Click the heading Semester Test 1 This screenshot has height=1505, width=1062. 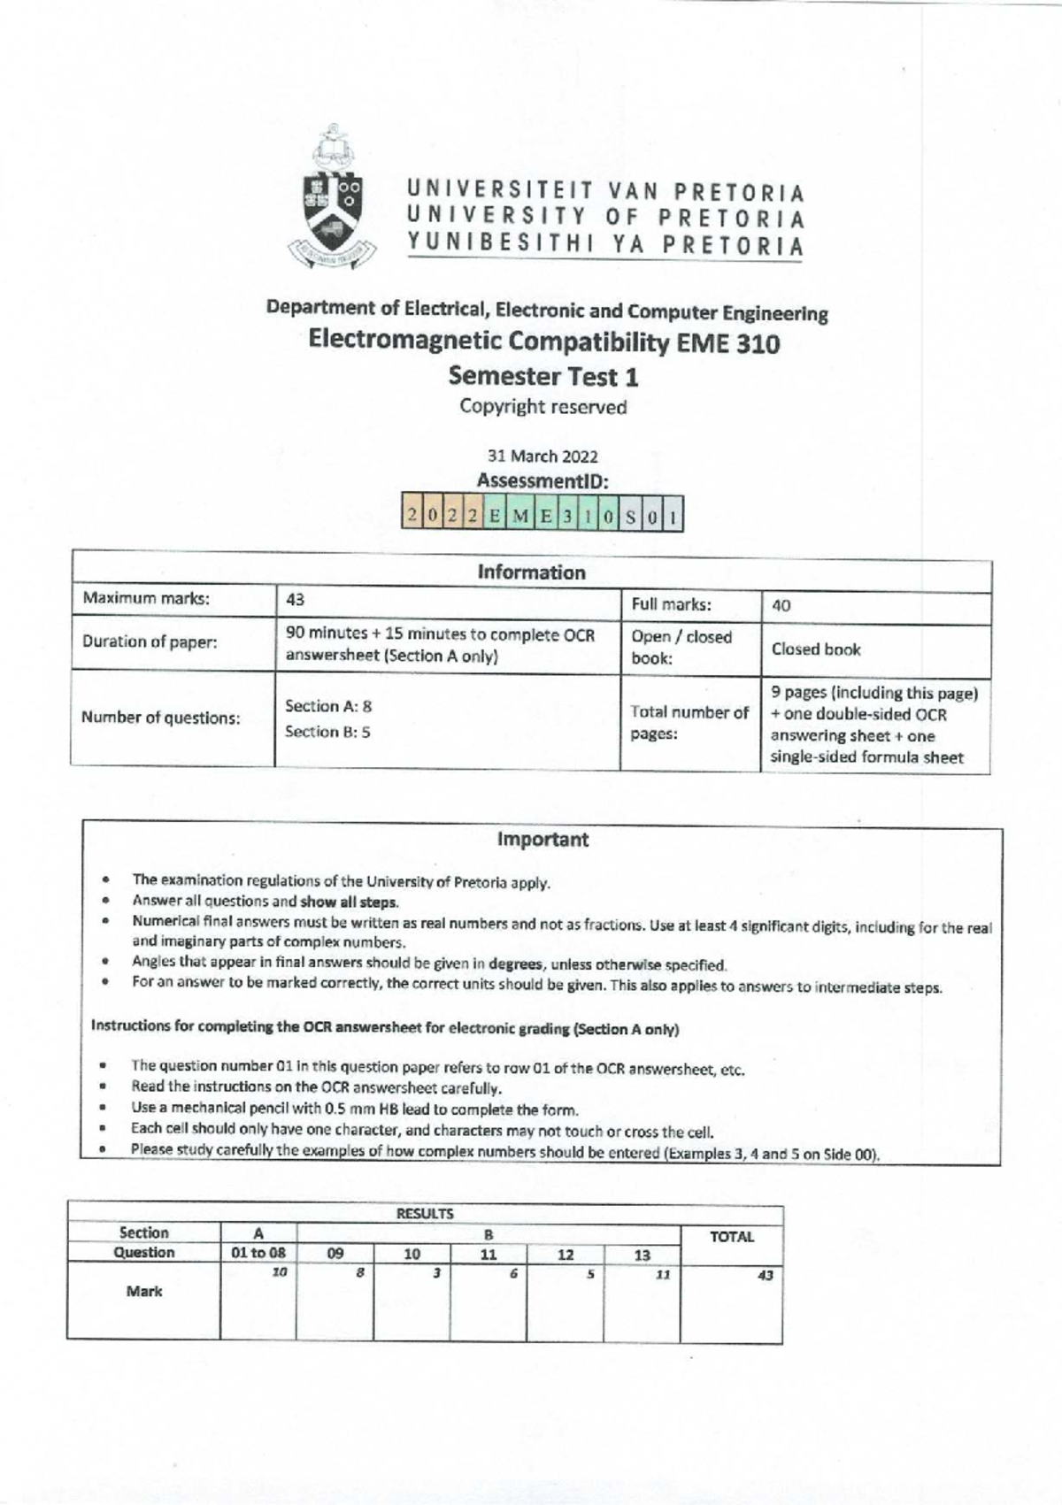pyautogui.click(x=543, y=376)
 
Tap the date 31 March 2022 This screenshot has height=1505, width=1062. pyautogui.click(x=543, y=457)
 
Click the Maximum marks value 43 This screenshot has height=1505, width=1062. pyautogui.click(x=296, y=600)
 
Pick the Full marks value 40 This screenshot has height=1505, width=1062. pyautogui.click(x=781, y=606)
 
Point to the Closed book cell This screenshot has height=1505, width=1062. pyautogui.click(x=816, y=649)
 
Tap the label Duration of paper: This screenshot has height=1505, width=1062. pyautogui.click(x=150, y=641)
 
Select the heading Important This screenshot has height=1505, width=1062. pyautogui.click(x=543, y=840)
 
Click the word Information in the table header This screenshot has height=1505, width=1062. pyautogui.click(x=531, y=572)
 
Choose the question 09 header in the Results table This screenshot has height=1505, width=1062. pyautogui.click(x=335, y=1253)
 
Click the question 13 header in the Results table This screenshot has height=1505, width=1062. pyautogui.click(x=642, y=1255)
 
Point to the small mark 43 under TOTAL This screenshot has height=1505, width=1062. pyautogui.click(x=766, y=1275)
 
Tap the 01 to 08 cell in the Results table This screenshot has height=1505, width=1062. pyautogui.click(x=258, y=1253)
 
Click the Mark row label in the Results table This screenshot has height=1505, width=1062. pyautogui.click(x=144, y=1292)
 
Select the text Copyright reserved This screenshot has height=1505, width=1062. pyautogui.click(x=543, y=407)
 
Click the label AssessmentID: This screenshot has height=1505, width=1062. pyautogui.click(x=543, y=481)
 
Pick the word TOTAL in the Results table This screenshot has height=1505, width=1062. pyautogui.click(x=732, y=1237)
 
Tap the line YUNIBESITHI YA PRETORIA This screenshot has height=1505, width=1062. pyautogui.click(x=605, y=245)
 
